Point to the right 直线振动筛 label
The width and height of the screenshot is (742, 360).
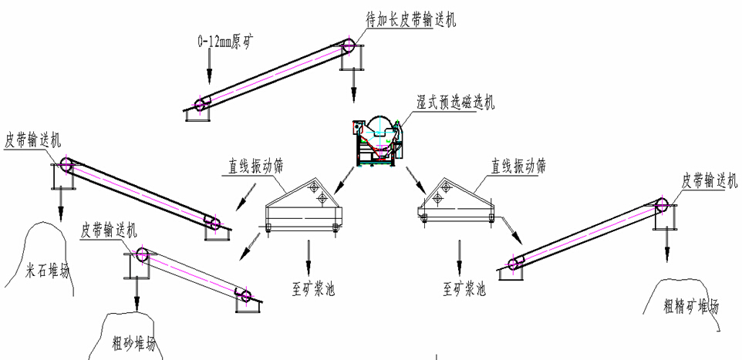click(x=518, y=165)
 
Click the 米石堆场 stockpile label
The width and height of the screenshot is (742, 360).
click(x=48, y=271)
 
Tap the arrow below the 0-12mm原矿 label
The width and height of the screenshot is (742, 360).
click(x=209, y=70)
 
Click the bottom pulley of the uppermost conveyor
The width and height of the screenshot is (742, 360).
click(x=202, y=104)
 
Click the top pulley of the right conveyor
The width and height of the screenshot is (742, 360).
click(x=661, y=204)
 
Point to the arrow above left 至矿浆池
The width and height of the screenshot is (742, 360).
click(x=309, y=251)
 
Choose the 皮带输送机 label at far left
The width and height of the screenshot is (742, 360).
click(x=32, y=140)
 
